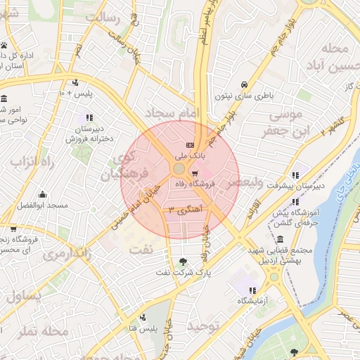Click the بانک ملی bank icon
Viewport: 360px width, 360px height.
click(189, 146)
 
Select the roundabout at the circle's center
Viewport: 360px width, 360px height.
click(179, 169)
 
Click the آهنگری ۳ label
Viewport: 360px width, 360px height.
click(185, 210)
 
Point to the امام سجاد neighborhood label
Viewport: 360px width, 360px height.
click(172, 112)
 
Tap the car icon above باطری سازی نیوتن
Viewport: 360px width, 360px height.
click(243, 82)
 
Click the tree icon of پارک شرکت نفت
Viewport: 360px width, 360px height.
click(184, 262)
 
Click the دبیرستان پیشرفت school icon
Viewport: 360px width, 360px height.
click(295, 175)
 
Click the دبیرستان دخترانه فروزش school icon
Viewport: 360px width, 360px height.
click(89, 117)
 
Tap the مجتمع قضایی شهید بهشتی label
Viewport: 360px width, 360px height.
click(273, 255)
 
